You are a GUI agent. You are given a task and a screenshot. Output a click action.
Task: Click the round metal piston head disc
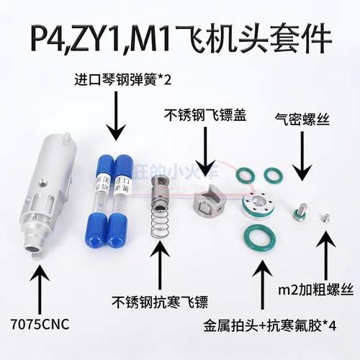pos(258,205)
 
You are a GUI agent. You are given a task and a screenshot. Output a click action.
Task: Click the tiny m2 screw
pos(323,214)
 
